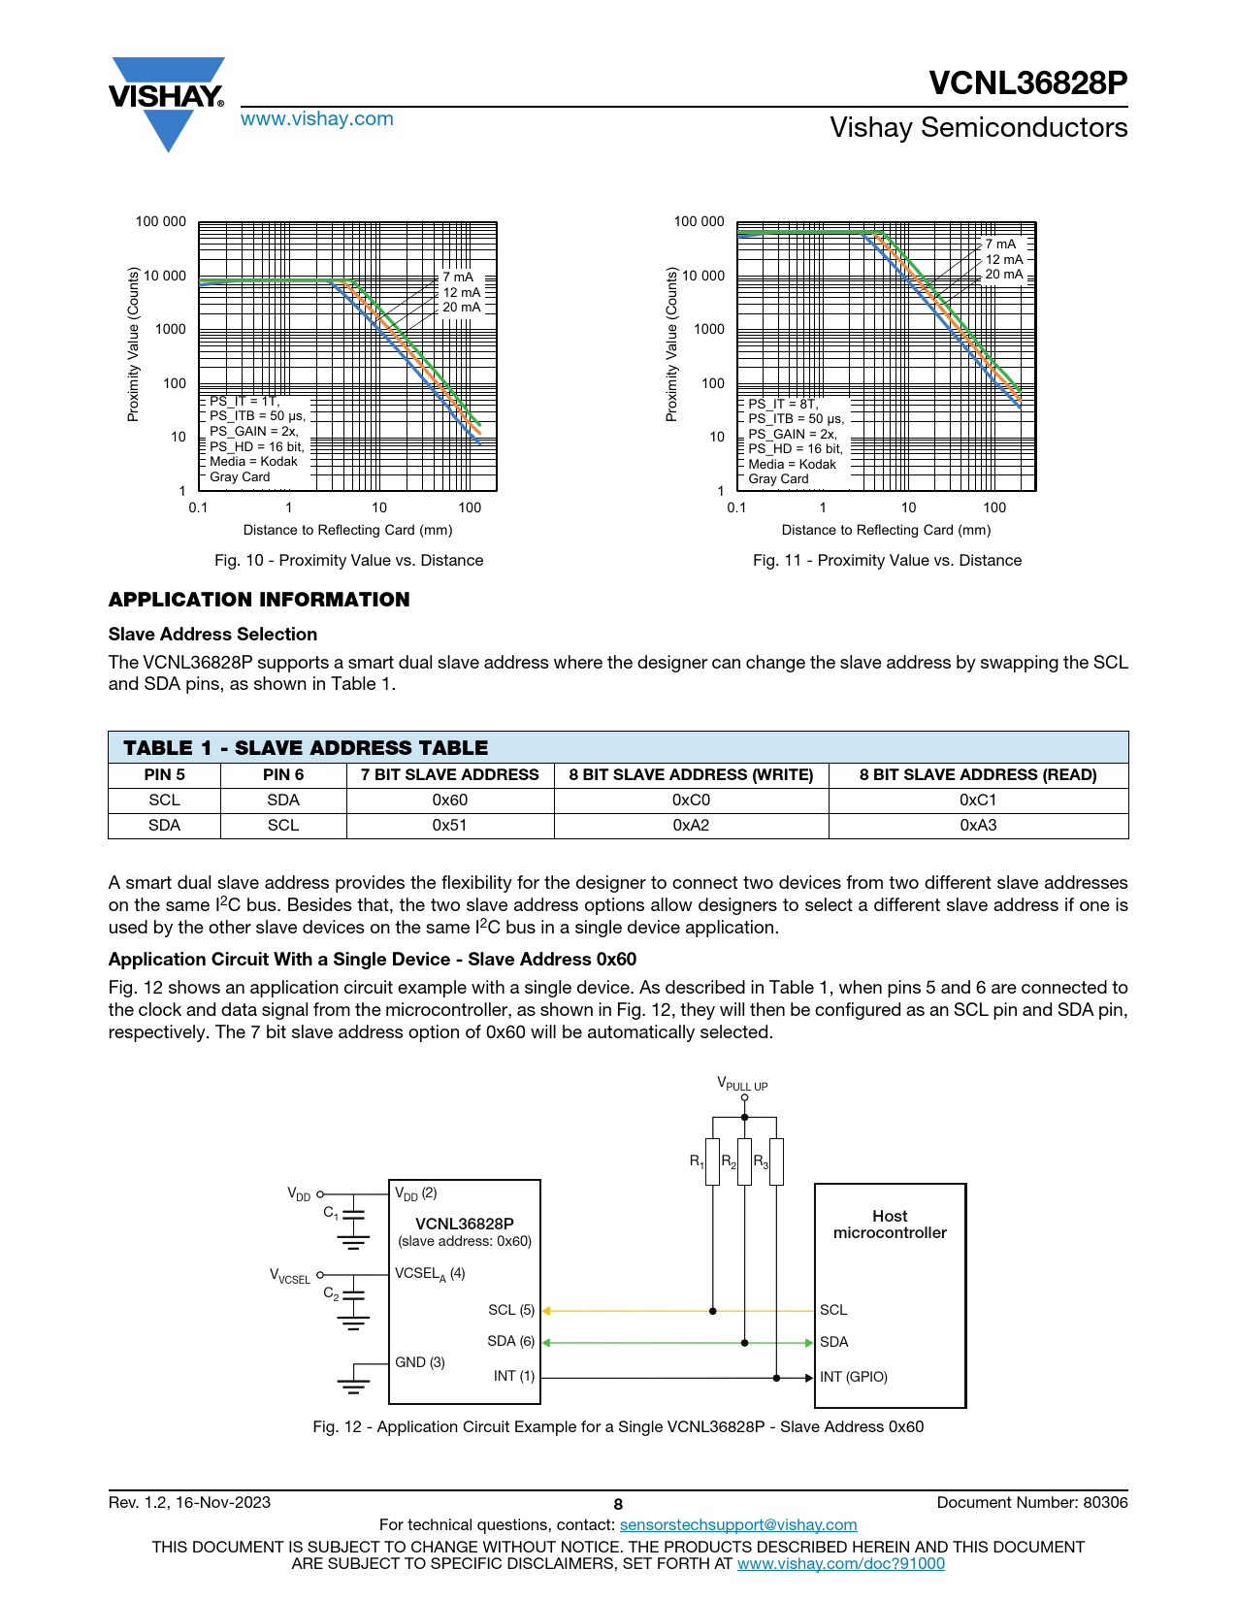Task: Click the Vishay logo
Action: coord(167,103)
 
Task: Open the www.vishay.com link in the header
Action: coord(317,118)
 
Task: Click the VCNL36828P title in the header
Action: coord(1027,82)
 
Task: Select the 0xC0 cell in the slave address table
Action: coord(691,800)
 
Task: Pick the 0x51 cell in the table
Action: coord(449,825)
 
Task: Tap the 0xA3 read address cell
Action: coord(978,825)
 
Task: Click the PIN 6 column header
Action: coord(283,774)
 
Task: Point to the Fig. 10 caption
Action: coord(348,560)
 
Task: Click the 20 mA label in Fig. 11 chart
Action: coord(1004,274)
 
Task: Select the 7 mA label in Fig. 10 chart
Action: coord(458,278)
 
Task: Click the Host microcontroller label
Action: coord(890,1224)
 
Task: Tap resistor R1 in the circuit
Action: coord(712,1161)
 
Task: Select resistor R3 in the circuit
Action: coord(776,1161)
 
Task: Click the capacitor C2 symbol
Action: coord(354,1294)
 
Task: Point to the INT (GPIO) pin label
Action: coord(853,1376)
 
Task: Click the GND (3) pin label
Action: coord(420,1361)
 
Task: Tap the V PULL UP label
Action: coord(742,1083)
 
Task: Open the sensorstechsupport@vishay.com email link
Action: coord(738,1524)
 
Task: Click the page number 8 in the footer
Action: coord(618,1505)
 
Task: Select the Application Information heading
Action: coord(259,599)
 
